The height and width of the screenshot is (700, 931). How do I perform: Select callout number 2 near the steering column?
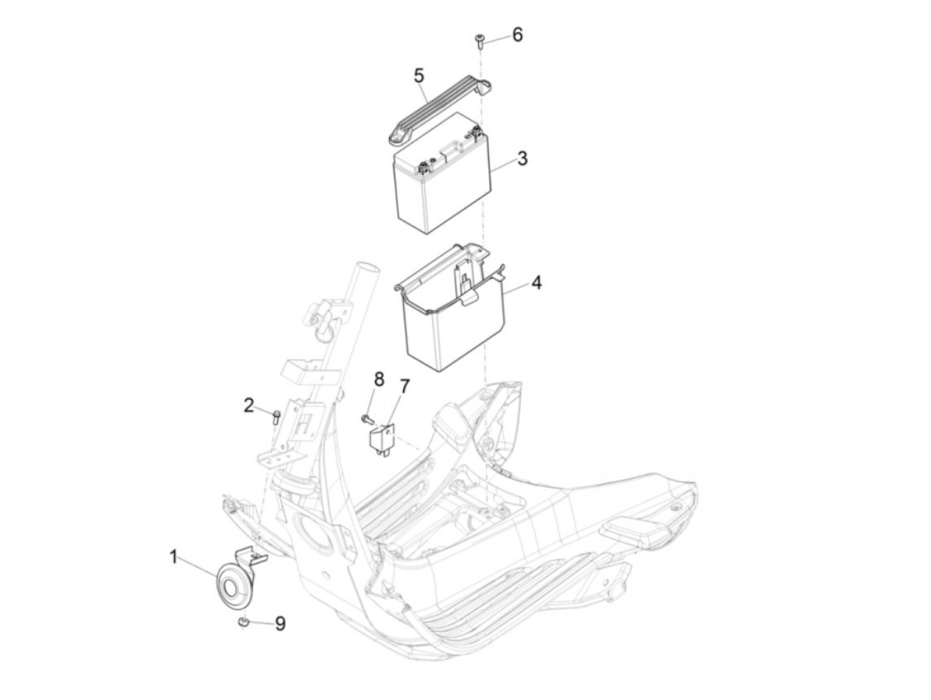coord(249,405)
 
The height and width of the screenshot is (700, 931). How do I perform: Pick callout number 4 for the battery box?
coord(536,283)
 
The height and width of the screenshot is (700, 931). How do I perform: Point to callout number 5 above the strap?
coord(418,75)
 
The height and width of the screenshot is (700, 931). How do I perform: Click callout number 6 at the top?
coord(517,35)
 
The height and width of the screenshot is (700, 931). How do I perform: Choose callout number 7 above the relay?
coord(404,385)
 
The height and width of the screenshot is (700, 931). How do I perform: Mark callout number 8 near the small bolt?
coord(378,379)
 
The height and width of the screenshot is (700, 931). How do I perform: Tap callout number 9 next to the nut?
coord(280,623)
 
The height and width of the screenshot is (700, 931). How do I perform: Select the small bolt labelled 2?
coord(276,417)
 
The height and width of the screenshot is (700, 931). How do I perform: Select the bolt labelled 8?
coord(365,419)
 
